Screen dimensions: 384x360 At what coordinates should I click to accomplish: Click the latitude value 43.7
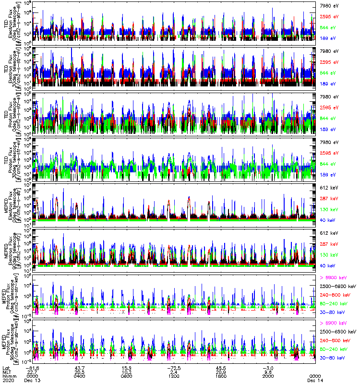point(80,367)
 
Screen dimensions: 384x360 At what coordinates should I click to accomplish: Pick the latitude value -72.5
point(174,367)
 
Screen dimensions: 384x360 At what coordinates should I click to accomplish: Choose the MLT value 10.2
point(127,372)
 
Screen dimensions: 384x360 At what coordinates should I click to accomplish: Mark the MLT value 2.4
point(174,372)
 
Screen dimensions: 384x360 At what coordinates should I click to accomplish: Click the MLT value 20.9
point(221,372)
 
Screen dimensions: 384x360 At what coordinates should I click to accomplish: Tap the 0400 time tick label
point(80,376)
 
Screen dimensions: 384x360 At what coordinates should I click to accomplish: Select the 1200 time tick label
point(174,376)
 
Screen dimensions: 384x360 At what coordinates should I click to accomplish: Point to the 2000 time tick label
point(268,376)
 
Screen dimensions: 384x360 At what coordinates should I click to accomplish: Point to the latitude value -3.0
point(268,367)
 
